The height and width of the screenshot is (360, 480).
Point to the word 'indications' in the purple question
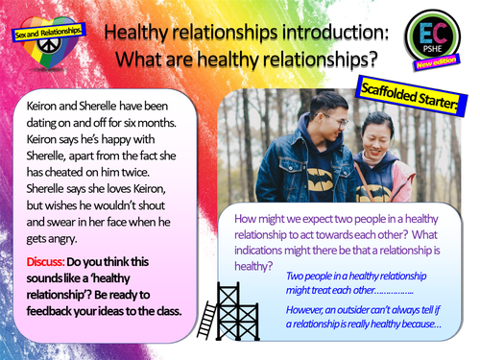point(271,251)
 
